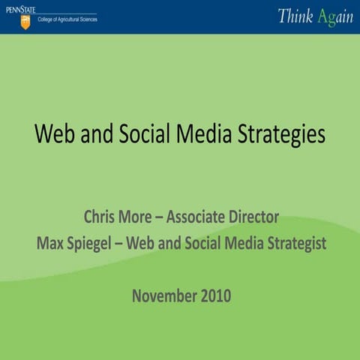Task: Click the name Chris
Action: tap(100, 217)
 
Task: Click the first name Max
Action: tap(49, 244)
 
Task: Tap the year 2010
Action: tap(214, 295)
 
